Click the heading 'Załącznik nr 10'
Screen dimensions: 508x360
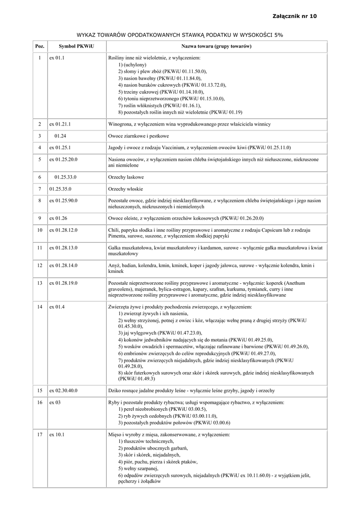(x=294, y=16)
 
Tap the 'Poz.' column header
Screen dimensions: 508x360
(x=40, y=46)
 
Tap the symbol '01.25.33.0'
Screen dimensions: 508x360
(x=66, y=177)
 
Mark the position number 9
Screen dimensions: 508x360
(x=40, y=217)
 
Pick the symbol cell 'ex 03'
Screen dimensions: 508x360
(x=55, y=402)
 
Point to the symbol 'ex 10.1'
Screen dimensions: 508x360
(x=57, y=435)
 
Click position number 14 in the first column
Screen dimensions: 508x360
(x=40, y=307)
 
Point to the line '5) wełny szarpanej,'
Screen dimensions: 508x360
(x=139, y=468)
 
